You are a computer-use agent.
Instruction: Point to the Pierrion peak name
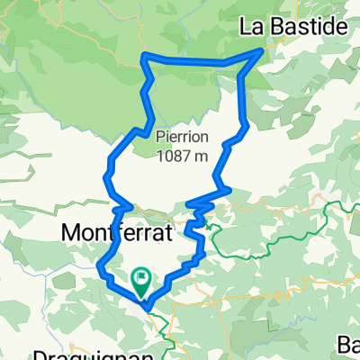click(182, 138)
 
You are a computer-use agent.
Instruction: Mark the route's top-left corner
click(145, 58)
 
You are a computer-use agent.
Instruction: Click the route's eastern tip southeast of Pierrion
click(230, 189)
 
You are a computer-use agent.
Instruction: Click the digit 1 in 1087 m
click(159, 156)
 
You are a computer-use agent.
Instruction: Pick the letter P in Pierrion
click(159, 138)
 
